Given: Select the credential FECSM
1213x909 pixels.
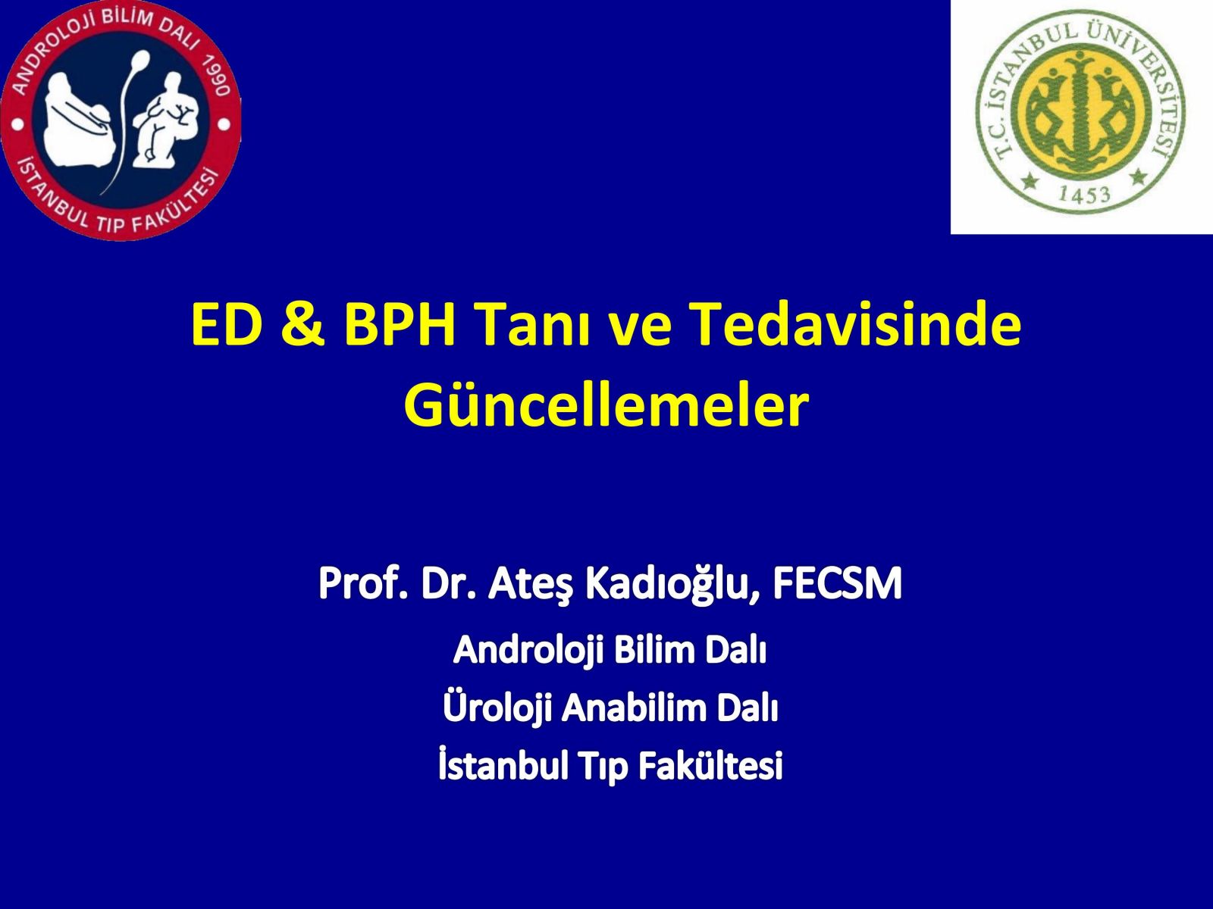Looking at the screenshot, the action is [x=837, y=584].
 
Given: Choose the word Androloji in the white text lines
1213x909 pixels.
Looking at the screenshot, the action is [x=528, y=651].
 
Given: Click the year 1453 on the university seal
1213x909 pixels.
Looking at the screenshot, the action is [x=1083, y=195].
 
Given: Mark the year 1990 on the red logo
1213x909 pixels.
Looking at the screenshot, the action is [x=215, y=77].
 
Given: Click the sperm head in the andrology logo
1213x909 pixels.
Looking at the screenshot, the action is [x=142, y=58].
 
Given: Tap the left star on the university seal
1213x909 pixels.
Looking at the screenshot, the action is [x=1029, y=180].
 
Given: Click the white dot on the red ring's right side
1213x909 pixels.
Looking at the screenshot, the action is [x=224, y=125].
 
